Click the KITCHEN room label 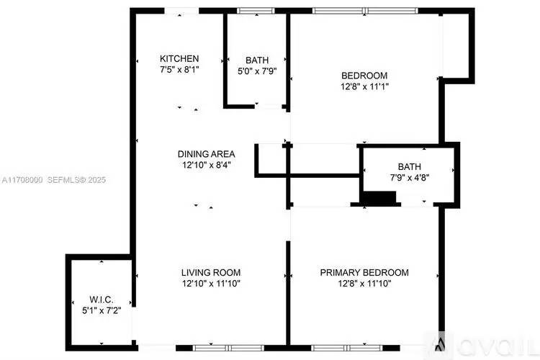click(x=179, y=58)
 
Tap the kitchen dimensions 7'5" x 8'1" click(x=179, y=70)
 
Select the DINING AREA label click(x=207, y=154)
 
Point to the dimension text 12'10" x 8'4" click(x=207, y=165)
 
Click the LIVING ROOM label click(x=211, y=272)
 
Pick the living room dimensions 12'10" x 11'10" click(x=211, y=284)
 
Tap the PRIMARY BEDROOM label click(x=364, y=272)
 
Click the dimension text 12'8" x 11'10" click(x=364, y=284)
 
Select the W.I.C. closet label click(x=102, y=300)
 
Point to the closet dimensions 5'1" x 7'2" click(x=102, y=310)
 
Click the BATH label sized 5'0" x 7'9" click(x=257, y=60)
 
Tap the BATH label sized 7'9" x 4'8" click(x=410, y=167)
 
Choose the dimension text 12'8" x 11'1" click(x=364, y=86)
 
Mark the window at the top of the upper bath click(x=256, y=11)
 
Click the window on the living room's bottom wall click(x=228, y=348)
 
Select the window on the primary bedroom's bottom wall click(x=347, y=348)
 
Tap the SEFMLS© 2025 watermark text click(x=76, y=180)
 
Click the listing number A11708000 click(x=22, y=180)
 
